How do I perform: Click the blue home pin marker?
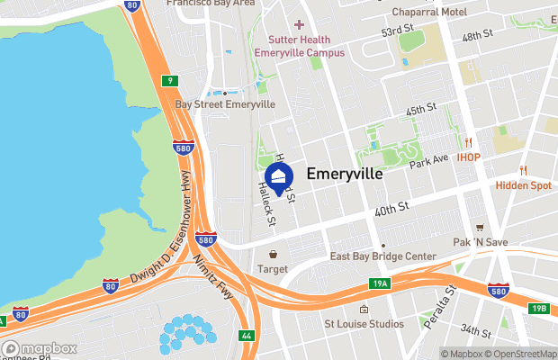(x=279, y=176)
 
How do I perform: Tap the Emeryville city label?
(x=346, y=174)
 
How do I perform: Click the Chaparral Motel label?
(x=428, y=13)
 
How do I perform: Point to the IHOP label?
(x=468, y=157)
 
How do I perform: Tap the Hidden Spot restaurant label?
(x=523, y=185)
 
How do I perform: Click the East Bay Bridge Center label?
(x=382, y=256)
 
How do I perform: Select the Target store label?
(x=273, y=268)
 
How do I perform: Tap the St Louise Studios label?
(x=363, y=323)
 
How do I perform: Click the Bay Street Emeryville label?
(x=224, y=104)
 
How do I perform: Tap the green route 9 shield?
(x=168, y=81)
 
